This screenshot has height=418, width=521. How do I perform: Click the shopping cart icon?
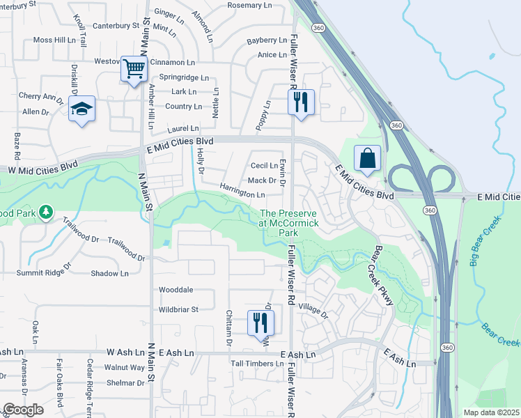tap(133, 69)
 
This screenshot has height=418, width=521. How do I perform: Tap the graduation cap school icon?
tap(82, 109)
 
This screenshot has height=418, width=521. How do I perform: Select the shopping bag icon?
tap(367, 158)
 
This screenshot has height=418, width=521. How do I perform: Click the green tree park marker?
tap(46, 211)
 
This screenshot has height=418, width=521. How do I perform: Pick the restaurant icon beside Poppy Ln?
tap(301, 102)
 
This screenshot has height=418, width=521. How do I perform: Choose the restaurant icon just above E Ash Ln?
tap(261, 323)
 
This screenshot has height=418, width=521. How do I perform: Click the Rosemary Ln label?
tap(250, 5)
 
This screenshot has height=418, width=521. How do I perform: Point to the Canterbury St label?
tap(116, 26)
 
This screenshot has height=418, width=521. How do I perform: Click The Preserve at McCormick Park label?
tap(289, 222)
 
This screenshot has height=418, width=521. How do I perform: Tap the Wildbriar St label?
tap(179, 309)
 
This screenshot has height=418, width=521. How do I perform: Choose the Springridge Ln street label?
tap(184, 77)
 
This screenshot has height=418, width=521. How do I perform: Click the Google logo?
tap(23, 410)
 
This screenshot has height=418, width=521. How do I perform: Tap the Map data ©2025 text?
tap(490, 412)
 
